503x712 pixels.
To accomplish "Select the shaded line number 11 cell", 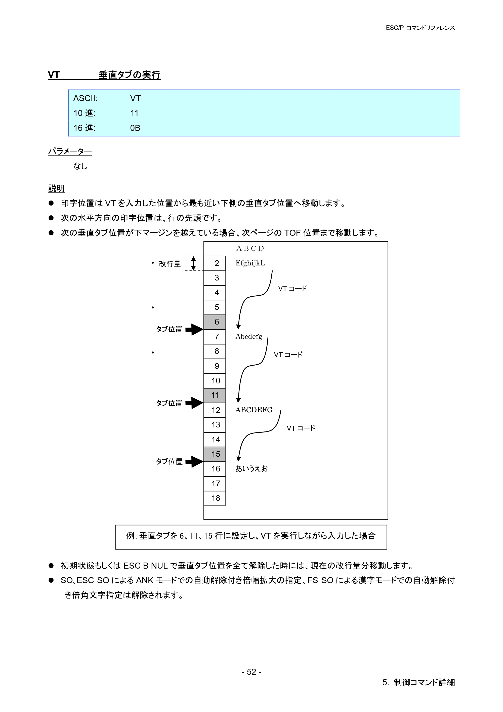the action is pos(215,395).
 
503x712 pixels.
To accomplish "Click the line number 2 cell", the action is pos(215,263).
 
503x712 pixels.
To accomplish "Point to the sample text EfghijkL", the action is pos(250,263).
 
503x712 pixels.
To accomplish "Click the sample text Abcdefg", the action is pos(249,337).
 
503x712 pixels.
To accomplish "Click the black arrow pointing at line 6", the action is pos(194,330).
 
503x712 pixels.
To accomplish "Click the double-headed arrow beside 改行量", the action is pos(193,263).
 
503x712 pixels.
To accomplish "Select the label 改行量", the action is pos(170,264).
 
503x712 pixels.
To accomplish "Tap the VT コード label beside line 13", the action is pos(301,428).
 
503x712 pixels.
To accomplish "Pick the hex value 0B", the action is pos(135,128).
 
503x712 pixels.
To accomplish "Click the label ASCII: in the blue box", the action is pos(85,98).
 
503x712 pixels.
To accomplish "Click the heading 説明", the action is pos(56,188).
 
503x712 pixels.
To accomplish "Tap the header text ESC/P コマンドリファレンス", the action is pos(420,28).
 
